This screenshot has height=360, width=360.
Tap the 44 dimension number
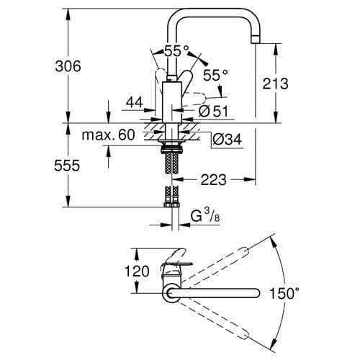coord(134,103)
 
